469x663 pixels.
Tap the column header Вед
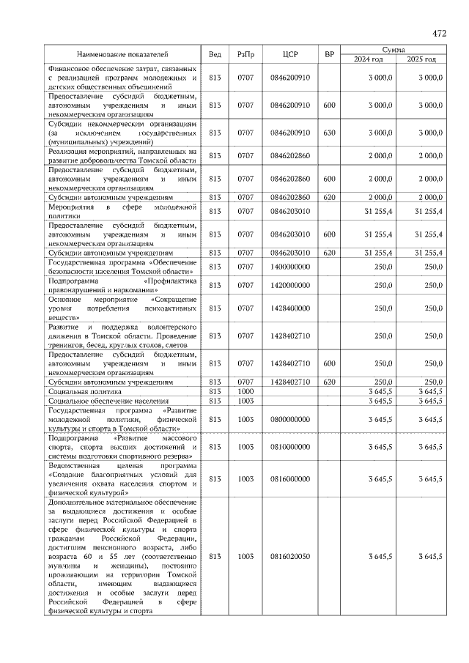[x=215, y=54]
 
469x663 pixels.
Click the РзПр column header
[x=245, y=54]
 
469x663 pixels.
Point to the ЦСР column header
[x=290, y=54]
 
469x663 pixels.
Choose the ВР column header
[x=329, y=54]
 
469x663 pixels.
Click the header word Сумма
[x=394, y=48]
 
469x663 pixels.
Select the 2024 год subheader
[x=369, y=59]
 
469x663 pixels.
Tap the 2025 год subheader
[x=421, y=59]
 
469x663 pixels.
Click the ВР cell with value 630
[x=329, y=133]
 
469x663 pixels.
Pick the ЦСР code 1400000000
[x=290, y=268]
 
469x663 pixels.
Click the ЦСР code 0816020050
[x=290, y=557]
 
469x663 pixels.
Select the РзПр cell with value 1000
[x=245, y=392]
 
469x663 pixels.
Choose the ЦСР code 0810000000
[x=290, y=446]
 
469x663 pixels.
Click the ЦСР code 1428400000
[x=290, y=308]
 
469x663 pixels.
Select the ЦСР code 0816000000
[x=290, y=478]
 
